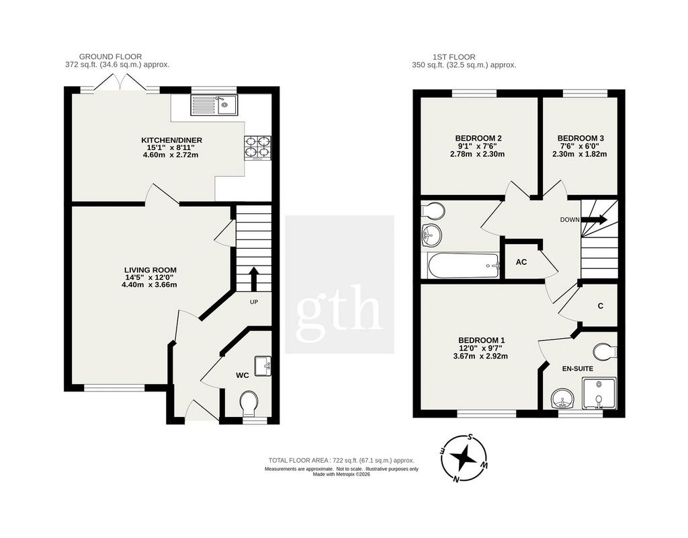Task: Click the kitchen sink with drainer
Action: point(214,105)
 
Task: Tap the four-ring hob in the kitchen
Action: point(257,147)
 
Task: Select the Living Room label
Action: point(150,270)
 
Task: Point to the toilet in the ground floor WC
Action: point(249,403)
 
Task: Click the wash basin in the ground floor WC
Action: point(263,367)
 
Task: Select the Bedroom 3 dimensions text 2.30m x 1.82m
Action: point(580,154)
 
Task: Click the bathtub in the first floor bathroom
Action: point(464,266)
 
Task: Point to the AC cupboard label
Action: point(521,262)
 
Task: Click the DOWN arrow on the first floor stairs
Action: point(595,220)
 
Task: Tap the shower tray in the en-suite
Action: point(599,393)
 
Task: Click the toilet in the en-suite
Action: point(605,352)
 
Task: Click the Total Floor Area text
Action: point(341,460)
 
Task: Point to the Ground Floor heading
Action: point(111,56)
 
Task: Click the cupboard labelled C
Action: point(600,306)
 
